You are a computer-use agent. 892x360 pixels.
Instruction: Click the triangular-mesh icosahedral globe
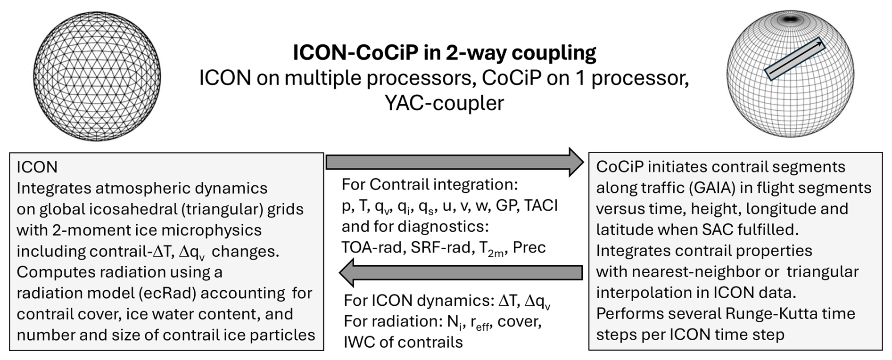(97, 77)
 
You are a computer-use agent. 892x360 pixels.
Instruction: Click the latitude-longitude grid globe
(790, 74)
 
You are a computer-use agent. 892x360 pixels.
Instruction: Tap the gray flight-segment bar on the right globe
(794, 59)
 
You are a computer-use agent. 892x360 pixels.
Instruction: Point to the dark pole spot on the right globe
(790, 20)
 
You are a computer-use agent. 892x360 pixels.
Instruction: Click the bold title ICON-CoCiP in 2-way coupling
(444, 53)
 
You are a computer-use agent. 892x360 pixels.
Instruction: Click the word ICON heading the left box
(37, 167)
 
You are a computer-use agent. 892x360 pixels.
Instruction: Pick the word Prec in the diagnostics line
(529, 247)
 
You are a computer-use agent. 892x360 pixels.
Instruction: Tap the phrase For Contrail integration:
(429, 184)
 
